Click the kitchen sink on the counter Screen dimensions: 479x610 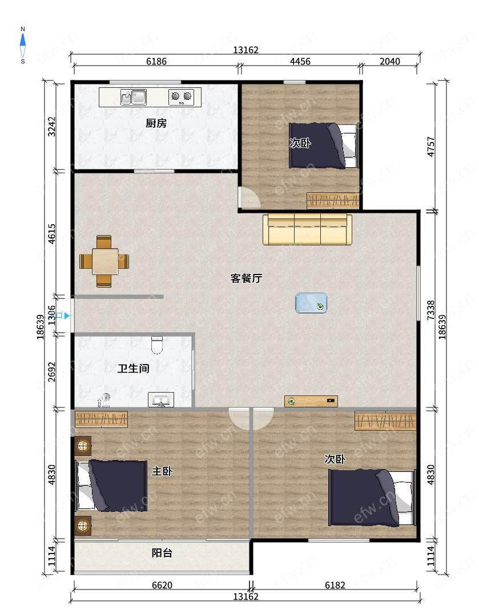pos(134,97)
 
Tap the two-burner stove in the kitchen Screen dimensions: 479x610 pos(182,96)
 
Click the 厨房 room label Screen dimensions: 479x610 pos(156,123)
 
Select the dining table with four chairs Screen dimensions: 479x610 pos(104,261)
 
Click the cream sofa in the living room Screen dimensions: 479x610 pos(307,229)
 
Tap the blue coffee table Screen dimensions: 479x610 pos(311,302)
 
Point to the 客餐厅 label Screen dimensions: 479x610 pos(246,278)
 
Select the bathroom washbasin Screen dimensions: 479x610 pos(161,399)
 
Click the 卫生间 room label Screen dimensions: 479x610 pos(134,368)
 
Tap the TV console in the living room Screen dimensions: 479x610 pos(311,401)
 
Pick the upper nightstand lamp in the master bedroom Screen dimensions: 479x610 pos(83,446)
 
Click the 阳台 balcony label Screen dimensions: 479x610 pos(162,552)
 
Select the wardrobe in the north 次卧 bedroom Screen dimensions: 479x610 pos(333,201)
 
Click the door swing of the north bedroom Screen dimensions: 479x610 pos(249,197)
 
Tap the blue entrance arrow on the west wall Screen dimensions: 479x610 pos(67,316)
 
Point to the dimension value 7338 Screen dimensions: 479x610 pos(430,310)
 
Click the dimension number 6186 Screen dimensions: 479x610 pos(156,61)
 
